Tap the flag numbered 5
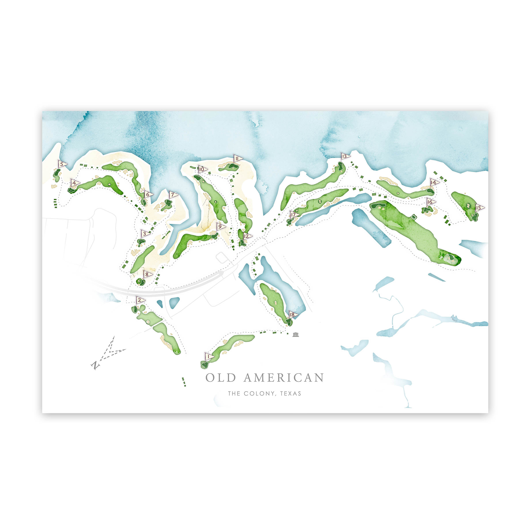[62, 164]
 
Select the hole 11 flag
[238, 159]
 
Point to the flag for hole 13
[345, 156]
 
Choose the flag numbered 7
[173, 195]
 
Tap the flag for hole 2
[140, 300]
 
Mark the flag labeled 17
[294, 214]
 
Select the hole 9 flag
[221, 227]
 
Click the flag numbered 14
[434, 182]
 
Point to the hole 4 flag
[75, 183]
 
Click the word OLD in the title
[221, 378]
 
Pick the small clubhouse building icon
[295, 335]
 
